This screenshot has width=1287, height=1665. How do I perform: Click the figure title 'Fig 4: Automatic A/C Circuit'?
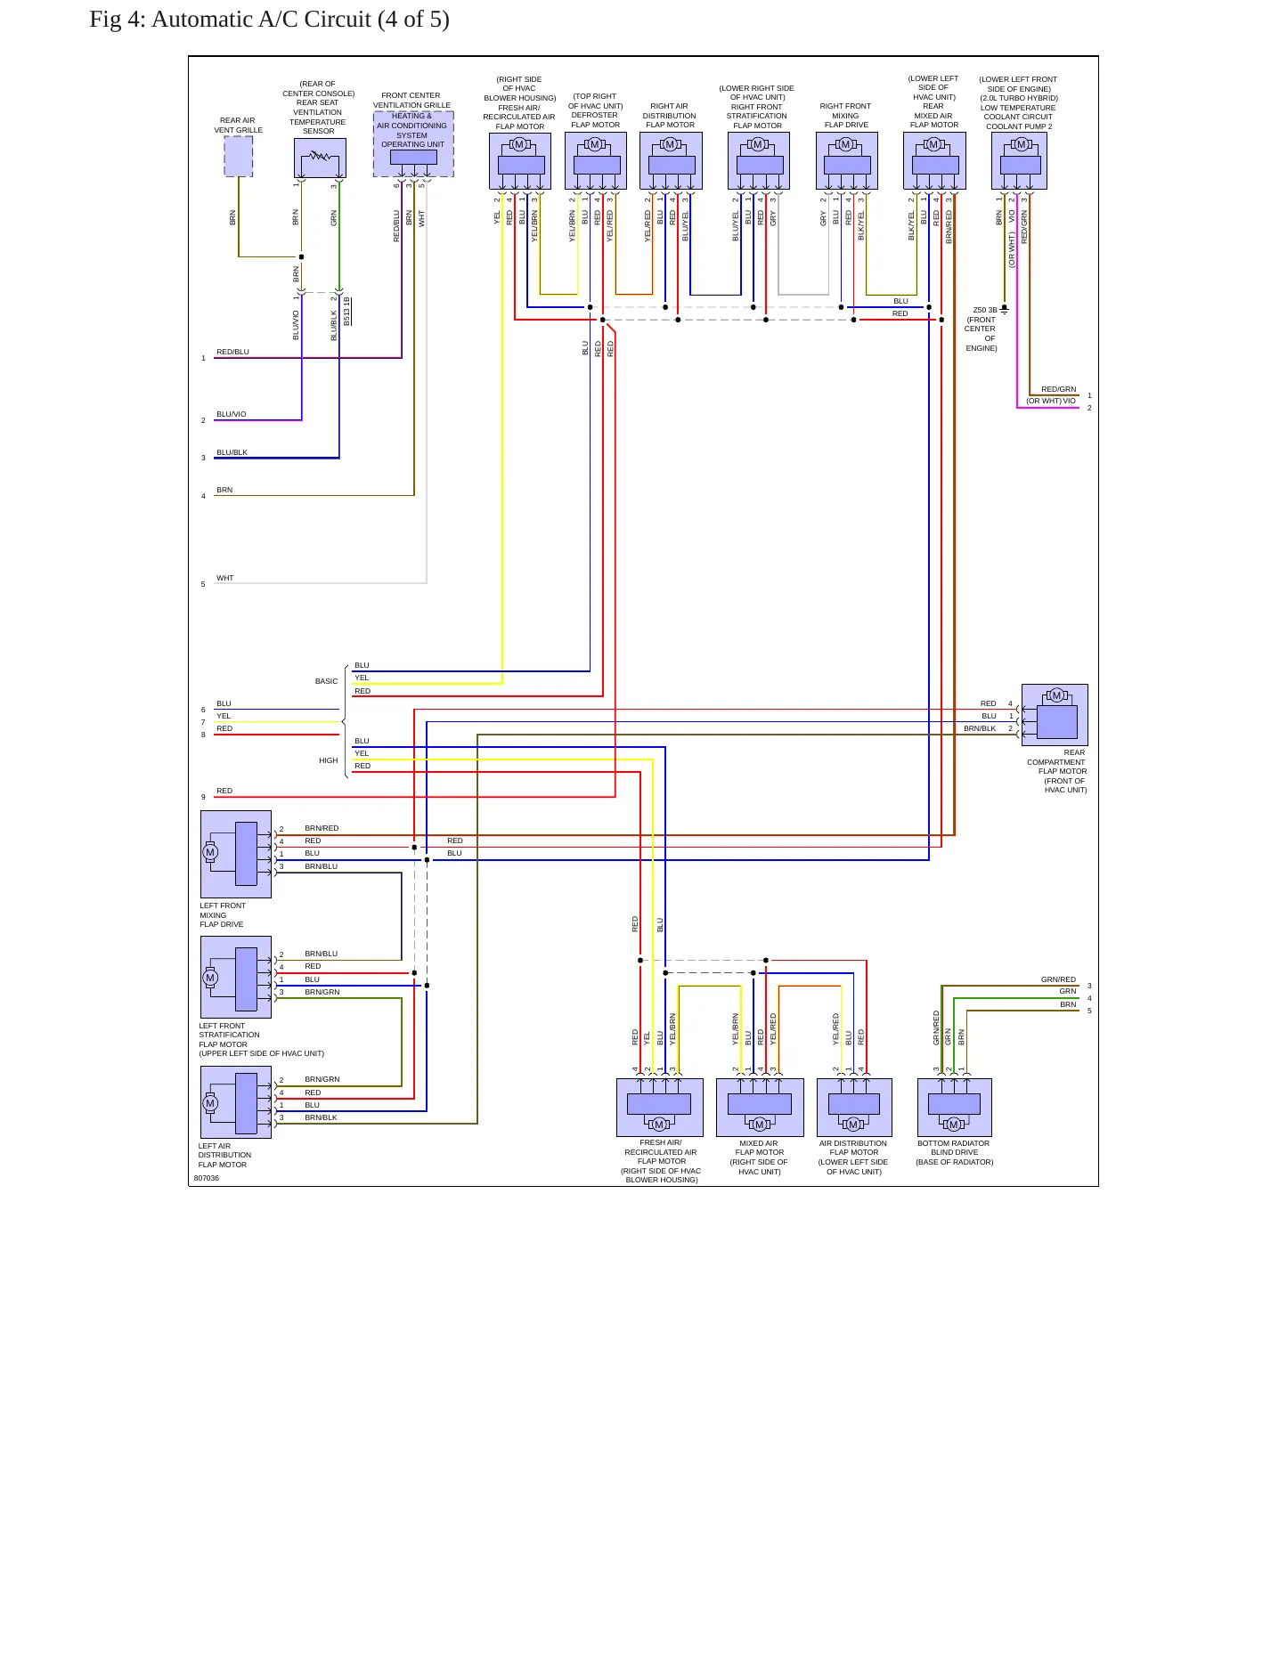[231, 20]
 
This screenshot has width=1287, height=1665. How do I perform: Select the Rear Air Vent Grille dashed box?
[238, 157]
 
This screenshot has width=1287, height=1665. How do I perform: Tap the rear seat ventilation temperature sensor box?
[320, 158]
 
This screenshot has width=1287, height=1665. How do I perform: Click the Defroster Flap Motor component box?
[596, 161]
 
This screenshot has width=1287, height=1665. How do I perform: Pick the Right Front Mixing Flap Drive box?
[847, 161]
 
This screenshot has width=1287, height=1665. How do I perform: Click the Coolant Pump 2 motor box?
[1019, 161]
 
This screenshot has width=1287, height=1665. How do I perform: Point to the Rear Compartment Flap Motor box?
[1055, 715]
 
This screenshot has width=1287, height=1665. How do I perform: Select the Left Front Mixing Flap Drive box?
[236, 854]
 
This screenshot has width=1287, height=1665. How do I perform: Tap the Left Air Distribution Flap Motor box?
[236, 1103]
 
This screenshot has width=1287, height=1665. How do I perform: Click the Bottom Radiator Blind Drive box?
[955, 1108]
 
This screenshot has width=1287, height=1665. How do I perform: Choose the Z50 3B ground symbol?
[1005, 310]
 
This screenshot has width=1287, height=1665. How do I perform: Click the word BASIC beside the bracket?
[326, 681]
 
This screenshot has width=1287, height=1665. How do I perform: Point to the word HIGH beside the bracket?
[329, 760]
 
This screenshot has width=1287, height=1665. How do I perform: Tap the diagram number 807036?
[207, 1178]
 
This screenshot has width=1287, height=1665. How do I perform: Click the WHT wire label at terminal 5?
[225, 578]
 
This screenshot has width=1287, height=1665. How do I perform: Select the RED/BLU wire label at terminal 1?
[233, 352]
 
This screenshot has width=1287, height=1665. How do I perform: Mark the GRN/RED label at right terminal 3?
[1058, 979]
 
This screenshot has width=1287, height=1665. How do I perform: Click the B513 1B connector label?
[347, 312]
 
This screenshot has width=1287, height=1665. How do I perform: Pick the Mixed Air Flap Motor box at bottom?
[760, 1108]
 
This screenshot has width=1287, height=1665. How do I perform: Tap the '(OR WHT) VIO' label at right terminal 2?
[1051, 401]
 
